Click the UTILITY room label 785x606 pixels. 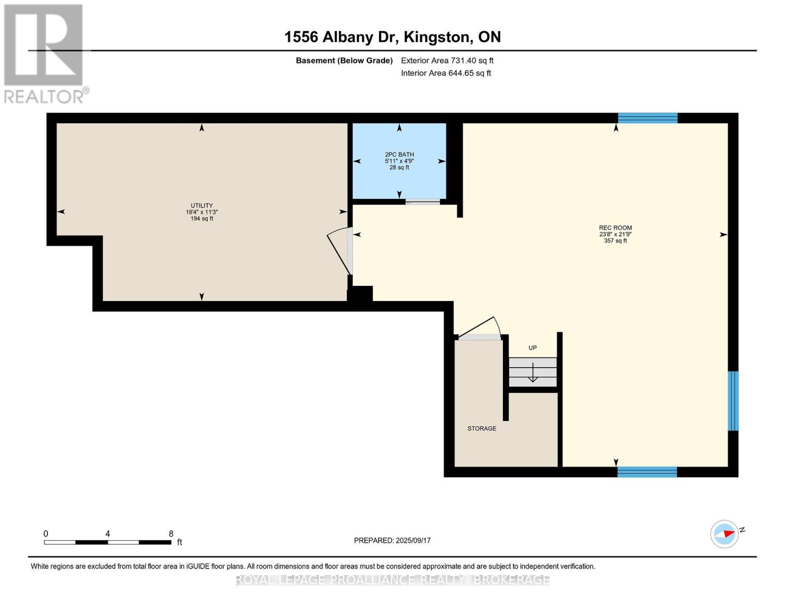[x=202, y=206]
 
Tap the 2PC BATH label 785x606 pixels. [x=399, y=155]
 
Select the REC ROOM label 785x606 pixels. [x=615, y=228]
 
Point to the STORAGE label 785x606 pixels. [x=482, y=428]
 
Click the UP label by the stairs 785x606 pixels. [x=532, y=348]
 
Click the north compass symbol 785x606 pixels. [x=725, y=534]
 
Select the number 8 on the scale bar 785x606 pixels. [x=171, y=534]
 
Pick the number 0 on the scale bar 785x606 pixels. [x=46, y=534]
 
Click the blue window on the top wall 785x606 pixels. [x=648, y=118]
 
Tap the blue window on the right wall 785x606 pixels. [x=733, y=401]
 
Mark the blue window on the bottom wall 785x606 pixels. [x=647, y=472]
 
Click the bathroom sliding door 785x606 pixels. [x=423, y=202]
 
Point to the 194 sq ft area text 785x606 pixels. [x=202, y=219]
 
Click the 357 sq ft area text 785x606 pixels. [x=615, y=241]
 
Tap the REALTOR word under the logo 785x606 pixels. [x=44, y=96]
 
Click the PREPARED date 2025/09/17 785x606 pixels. [x=413, y=540]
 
